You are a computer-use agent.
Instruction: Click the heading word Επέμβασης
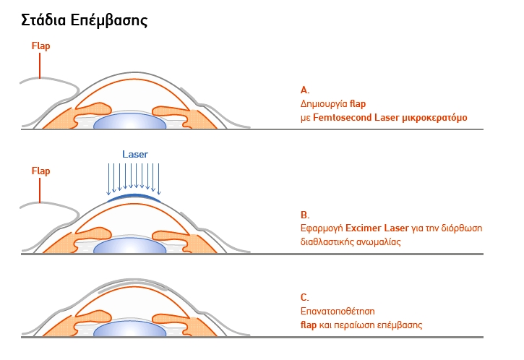112,20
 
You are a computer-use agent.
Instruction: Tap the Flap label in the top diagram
41,46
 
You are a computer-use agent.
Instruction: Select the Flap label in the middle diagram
41,171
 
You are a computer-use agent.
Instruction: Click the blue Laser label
134,155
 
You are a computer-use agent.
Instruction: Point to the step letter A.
304,90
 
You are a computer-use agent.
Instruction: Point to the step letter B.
304,215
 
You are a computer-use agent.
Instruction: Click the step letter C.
304,297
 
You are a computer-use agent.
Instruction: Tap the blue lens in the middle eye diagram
131,245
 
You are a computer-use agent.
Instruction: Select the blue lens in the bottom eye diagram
131,330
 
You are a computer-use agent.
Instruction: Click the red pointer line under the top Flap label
40,66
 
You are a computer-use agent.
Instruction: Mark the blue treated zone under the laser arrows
134,195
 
